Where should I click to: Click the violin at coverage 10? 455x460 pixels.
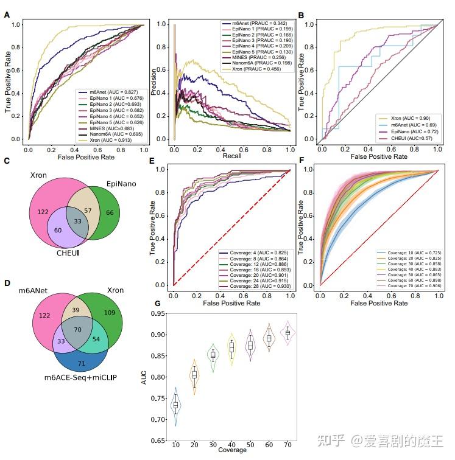pos(175,405)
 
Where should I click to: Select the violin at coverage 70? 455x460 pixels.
pos(288,332)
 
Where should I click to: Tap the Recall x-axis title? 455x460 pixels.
pos(231,156)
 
